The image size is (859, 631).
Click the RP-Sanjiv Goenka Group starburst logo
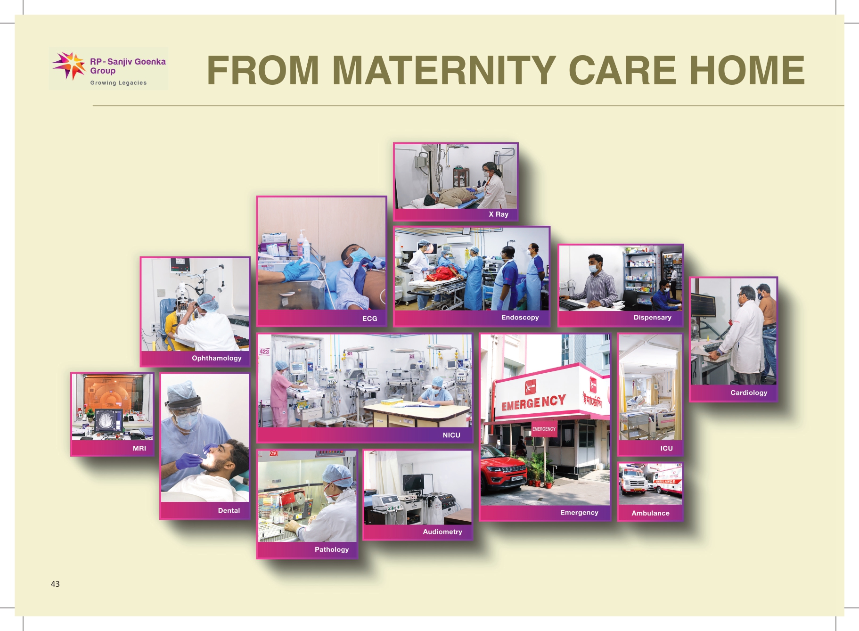click(x=69, y=66)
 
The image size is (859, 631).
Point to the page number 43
click(x=55, y=584)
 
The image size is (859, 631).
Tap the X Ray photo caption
click(x=499, y=214)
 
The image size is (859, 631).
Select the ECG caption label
click(x=369, y=319)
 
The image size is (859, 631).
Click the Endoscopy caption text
click(x=520, y=317)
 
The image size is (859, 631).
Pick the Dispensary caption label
click(x=652, y=317)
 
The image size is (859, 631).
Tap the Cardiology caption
click(x=749, y=393)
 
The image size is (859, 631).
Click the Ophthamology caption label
click(x=216, y=358)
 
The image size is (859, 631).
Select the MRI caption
click(x=139, y=448)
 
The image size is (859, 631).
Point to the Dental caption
click(x=229, y=510)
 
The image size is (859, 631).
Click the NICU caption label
click(x=451, y=435)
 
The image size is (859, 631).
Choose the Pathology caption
click(x=332, y=549)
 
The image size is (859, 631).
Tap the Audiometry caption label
click(x=442, y=532)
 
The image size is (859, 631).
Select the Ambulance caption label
click(x=650, y=513)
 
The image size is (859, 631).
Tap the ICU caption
click(x=666, y=448)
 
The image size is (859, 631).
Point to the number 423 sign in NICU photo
click(x=264, y=352)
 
